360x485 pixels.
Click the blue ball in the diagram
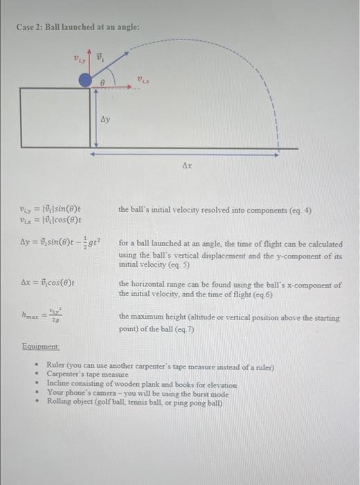pos(84,82)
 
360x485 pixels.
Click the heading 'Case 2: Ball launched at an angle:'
pos(78,27)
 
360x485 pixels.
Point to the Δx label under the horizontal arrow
pos(187,166)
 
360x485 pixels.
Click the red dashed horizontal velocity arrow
pos(114,87)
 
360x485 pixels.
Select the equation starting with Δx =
pos(49,284)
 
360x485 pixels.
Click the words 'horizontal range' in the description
pos(155,284)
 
